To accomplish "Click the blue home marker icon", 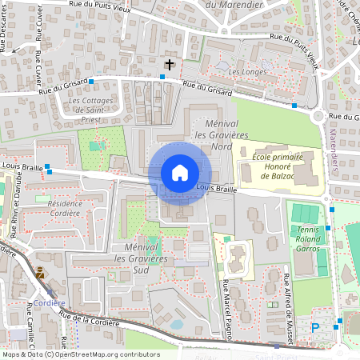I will (x=180, y=173).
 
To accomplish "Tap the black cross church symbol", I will (x=169, y=64).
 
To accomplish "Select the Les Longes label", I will (x=246, y=72).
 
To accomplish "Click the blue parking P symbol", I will (x=314, y=327).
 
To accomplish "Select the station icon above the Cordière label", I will (x=40, y=274).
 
